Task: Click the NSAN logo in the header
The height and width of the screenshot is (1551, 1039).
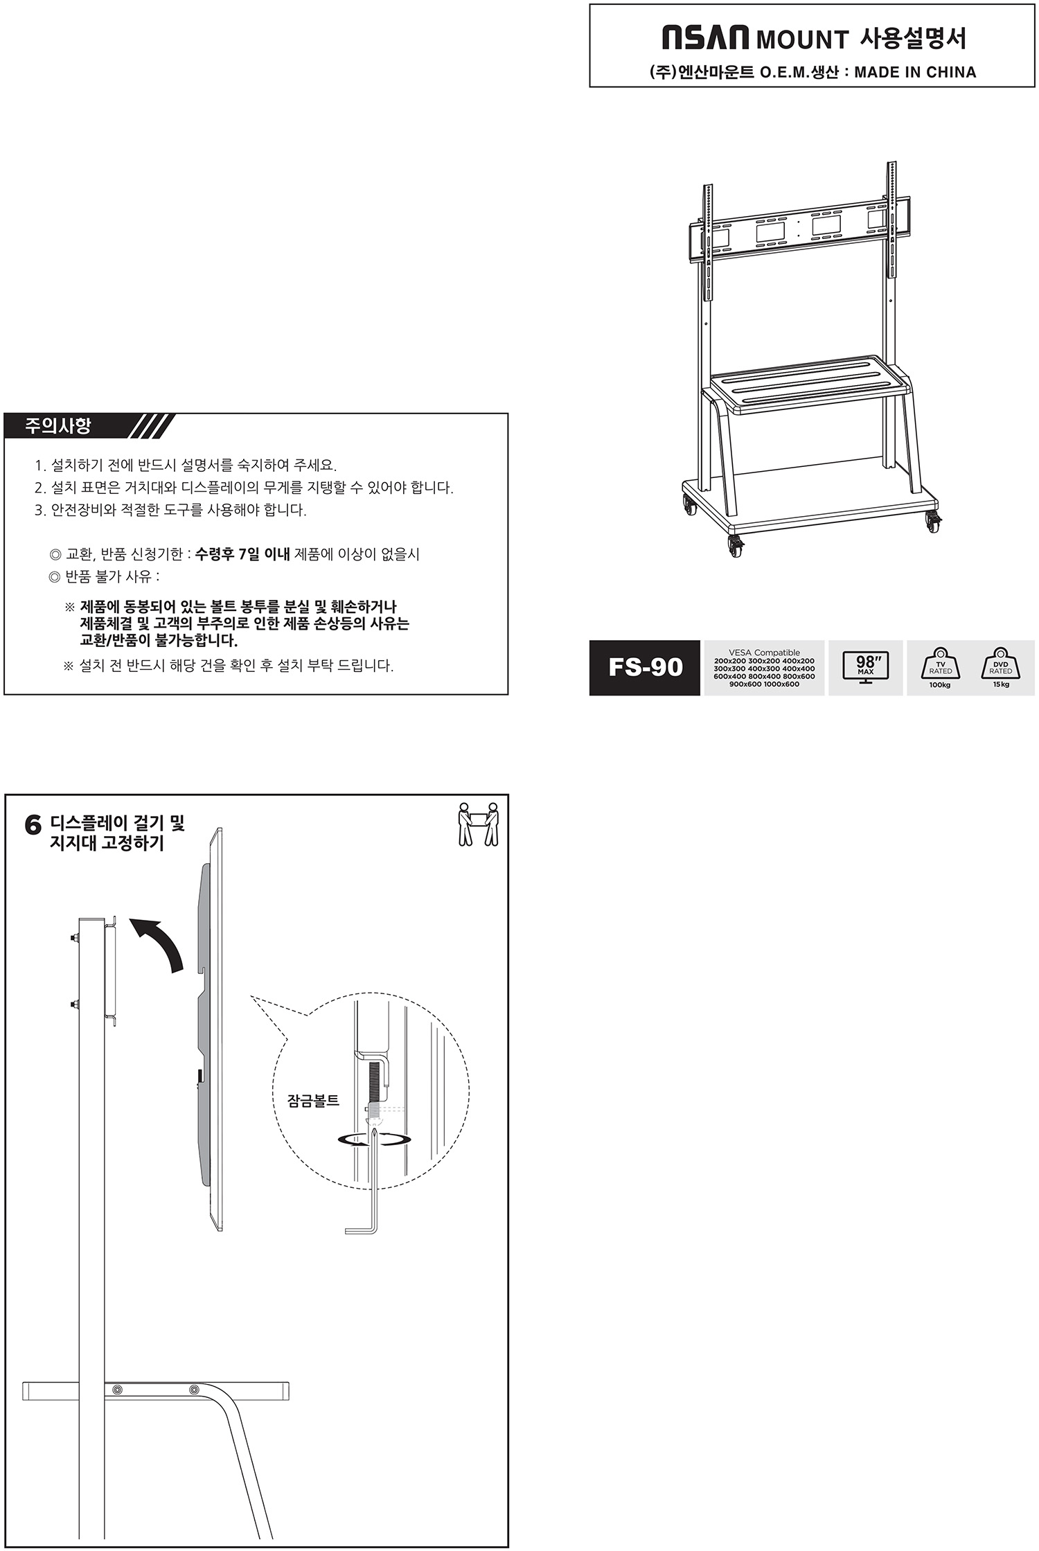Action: pyautogui.click(x=705, y=38)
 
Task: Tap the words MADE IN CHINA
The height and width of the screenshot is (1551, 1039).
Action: pyautogui.click(x=915, y=72)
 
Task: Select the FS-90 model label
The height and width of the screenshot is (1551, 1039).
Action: pyautogui.click(x=645, y=668)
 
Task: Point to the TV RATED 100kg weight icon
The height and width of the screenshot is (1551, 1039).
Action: pyautogui.click(x=940, y=666)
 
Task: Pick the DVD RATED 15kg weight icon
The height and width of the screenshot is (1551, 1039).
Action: pyautogui.click(x=1000, y=666)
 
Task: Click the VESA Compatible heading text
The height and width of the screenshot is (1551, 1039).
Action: pyautogui.click(x=764, y=653)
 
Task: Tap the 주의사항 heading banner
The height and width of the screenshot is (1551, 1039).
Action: pyautogui.click(x=58, y=425)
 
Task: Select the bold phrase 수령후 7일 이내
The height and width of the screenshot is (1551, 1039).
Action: pyautogui.click(x=242, y=554)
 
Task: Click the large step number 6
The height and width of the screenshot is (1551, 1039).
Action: pyautogui.click(x=33, y=826)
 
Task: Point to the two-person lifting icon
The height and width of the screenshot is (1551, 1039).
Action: pyautogui.click(x=478, y=824)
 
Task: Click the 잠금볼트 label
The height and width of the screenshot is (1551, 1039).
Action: pyautogui.click(x=313, y=1101)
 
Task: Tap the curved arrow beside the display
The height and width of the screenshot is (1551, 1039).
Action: pyautogui.click(x=161, y=942)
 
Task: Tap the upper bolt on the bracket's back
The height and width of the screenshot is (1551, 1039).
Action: pyautogui.click(x=73, y=939)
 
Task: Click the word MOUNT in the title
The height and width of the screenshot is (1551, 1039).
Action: pyautogui.click(x=802, y=39)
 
